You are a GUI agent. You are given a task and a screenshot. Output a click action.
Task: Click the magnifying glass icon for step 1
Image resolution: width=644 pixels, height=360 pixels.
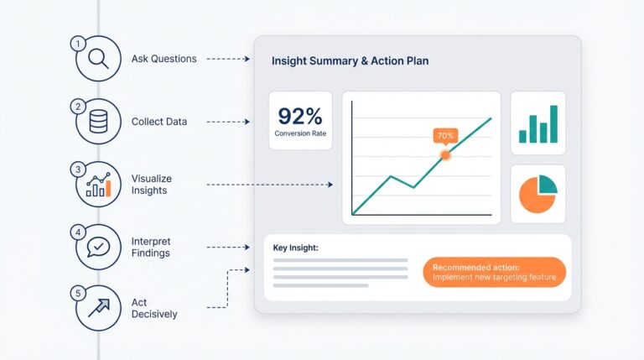(x=99, y=60)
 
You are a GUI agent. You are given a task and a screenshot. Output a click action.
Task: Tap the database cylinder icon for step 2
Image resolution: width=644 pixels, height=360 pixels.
(x=99, y=123)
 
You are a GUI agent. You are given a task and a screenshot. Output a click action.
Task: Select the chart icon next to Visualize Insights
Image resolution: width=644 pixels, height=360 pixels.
(x=99, y=185)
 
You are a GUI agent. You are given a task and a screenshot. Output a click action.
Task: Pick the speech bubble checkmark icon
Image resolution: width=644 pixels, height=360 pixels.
(x=99, y=248)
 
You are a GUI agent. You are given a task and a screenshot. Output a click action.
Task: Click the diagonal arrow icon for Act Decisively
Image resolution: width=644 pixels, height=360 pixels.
(x=99, y=309)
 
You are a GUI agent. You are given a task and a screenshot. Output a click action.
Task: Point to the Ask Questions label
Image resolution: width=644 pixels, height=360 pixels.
(x=164, y=59)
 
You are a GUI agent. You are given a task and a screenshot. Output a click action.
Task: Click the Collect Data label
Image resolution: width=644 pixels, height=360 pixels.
(x=159, y=122)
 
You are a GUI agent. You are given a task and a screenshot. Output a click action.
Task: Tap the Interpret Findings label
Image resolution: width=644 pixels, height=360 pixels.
(x=151, y=248)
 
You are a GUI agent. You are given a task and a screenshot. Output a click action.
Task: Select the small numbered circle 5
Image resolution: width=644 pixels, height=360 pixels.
(x=78, y=294)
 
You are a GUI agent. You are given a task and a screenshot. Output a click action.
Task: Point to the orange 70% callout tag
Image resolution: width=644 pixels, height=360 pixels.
(x=444, y=135)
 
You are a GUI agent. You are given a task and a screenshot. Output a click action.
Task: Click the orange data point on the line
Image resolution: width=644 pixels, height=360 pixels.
(x=445, y=154)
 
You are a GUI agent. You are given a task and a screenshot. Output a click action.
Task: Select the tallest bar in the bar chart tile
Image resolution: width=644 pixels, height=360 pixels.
(x=553, y=123)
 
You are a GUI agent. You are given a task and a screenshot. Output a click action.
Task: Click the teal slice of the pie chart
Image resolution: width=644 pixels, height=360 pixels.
(x=547, y=185)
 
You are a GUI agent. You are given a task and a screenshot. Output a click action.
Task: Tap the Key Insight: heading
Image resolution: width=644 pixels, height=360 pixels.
(x=296, y=248)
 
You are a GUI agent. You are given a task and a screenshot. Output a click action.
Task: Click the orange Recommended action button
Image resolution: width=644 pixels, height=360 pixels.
(x=495, y=272)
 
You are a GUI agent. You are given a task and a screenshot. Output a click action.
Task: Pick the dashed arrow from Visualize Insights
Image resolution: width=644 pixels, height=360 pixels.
(x=268, y=185)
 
